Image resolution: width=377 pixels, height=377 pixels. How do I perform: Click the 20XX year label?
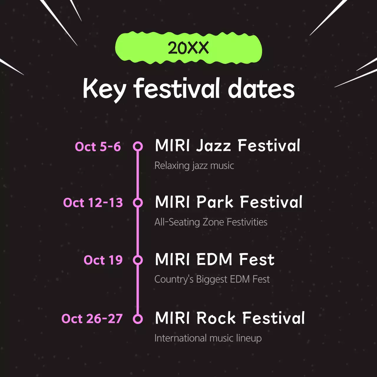click(x=188, y=48)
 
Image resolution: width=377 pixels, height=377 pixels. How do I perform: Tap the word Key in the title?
click(x=105, y=89)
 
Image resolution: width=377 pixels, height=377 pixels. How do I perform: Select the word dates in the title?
click(x=261, y=89)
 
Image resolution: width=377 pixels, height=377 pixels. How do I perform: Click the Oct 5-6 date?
click(x=98, y=147)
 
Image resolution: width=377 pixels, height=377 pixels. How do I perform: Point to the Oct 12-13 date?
click(x=93, y=203)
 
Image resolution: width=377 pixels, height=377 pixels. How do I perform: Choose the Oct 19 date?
click(x=103, y=260)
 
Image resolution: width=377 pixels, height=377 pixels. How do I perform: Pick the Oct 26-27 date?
click(x=92, y=319)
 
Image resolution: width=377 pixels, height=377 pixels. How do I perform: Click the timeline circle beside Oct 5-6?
click(x=138, y=146)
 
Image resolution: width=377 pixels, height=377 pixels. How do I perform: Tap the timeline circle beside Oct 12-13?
click(x=138, y=203)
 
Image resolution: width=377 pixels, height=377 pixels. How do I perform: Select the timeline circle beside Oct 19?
click(x=138, y=260)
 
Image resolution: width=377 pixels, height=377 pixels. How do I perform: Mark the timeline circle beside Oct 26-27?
click(x=138, y=319)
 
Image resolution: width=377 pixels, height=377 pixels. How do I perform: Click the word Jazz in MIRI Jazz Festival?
click(x=214, y=146)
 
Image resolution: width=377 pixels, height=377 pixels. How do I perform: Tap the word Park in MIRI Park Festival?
click(x=215, y=202)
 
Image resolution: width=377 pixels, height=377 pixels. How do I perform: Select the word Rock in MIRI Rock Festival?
click(x=216, y=318)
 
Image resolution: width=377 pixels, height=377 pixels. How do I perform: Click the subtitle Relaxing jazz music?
click(x=194, y=166)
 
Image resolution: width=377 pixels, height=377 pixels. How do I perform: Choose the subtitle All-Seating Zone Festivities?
click(x=211, y=222)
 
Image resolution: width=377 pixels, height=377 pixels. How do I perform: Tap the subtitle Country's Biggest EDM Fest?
click(x=212, y=279)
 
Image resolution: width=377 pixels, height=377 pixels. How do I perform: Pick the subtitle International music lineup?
click(x=208, y=338)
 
